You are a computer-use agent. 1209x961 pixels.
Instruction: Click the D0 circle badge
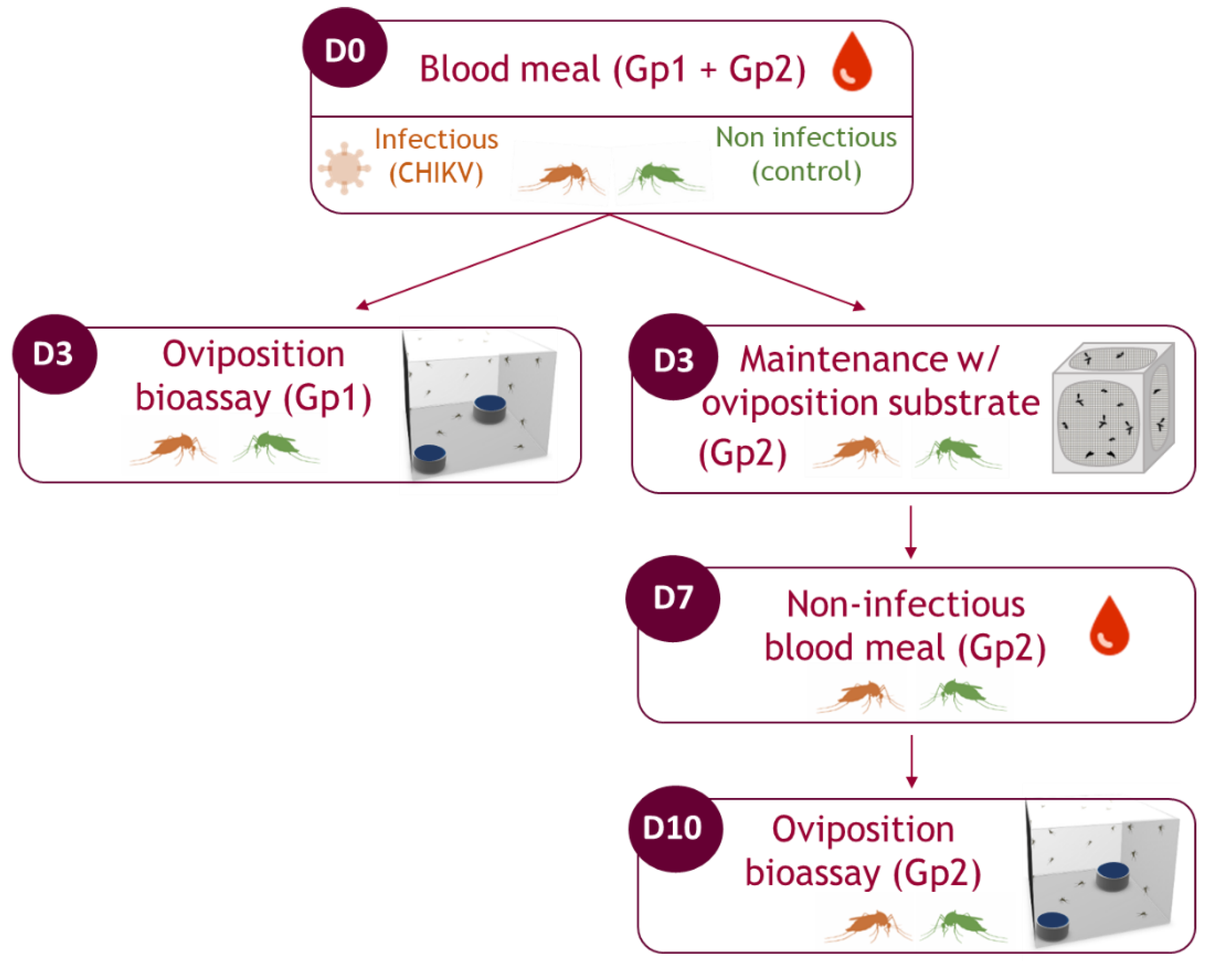coord(344,49)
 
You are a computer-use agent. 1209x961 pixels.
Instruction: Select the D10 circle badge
coord(675,828)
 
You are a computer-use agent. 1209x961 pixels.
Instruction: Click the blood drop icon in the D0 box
coord(852,62)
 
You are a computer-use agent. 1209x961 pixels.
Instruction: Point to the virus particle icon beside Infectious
coord(344,168)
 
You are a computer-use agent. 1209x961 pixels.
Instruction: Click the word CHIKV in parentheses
coord(436,173)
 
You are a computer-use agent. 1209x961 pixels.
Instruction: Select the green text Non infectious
coord(806,137)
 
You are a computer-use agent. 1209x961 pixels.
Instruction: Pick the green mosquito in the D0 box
coord(661,177)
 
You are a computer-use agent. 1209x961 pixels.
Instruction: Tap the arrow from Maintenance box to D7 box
coord(911,531)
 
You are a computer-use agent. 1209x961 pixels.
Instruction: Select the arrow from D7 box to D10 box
coord(911,760)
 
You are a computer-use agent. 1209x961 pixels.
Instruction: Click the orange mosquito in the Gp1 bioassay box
coord(174,447)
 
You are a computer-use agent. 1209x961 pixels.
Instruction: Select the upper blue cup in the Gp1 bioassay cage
coord(490,408)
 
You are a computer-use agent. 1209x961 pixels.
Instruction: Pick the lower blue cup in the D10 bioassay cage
coord(1052,925)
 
